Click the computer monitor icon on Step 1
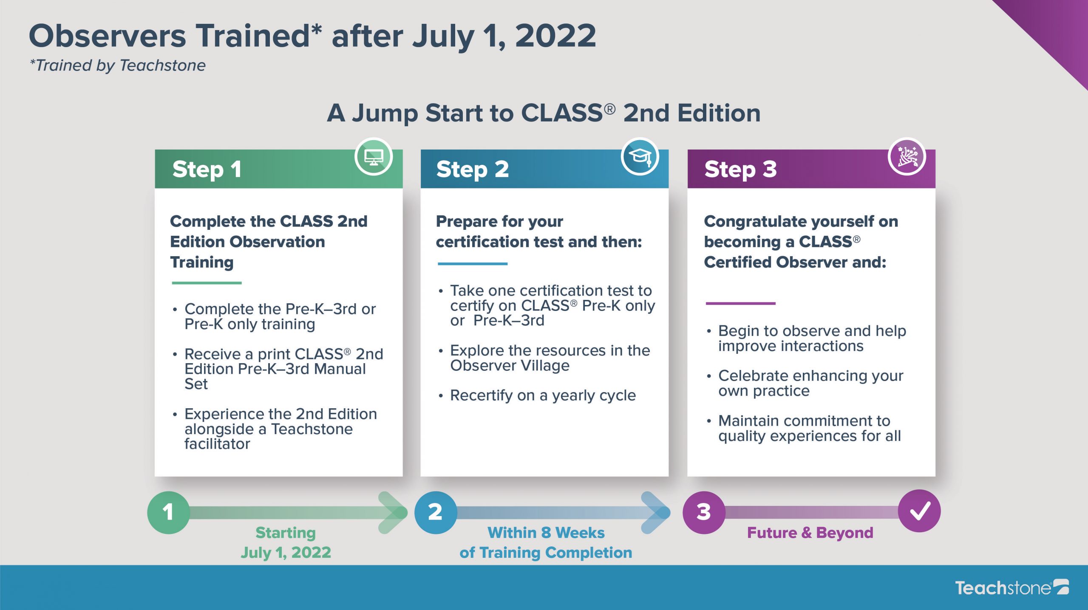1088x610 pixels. coord(374,157)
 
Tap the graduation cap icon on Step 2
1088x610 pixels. coord(640,156)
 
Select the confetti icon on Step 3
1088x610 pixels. coord(907,157)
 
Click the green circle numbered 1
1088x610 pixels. coord(168,512)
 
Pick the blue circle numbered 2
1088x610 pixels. coord(436,512)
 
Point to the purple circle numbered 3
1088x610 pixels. coord(704,512)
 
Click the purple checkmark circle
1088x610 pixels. coord(919,511)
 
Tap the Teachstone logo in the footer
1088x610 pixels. coord(1012,587)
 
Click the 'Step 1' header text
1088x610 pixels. coord(207,169)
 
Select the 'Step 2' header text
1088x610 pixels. coord(473,169)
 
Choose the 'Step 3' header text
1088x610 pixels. coord(740,169)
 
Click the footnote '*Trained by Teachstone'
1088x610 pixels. coord(118,65)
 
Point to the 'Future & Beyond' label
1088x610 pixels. coord(810,533)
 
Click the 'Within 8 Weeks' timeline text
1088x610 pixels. coord(546,533)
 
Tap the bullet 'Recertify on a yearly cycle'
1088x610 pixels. coord(543,395)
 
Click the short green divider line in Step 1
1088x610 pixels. coord(207,283)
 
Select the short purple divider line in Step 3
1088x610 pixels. coord(740,303)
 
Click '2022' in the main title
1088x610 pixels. coord(555,36)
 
